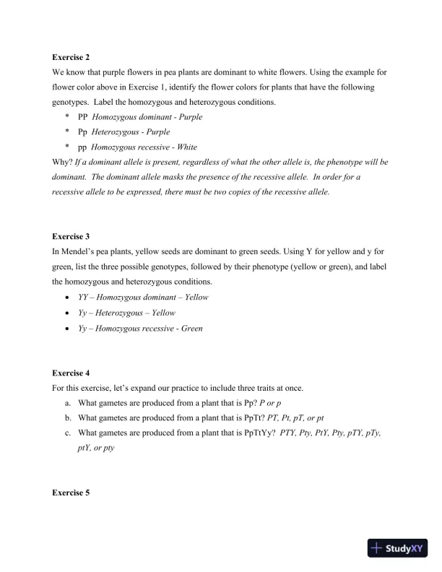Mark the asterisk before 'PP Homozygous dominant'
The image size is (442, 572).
[66, 117]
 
